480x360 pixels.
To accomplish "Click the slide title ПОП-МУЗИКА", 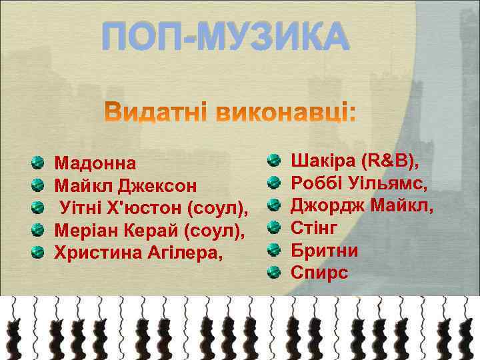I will [225, 36].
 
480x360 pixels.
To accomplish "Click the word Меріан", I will [85, 231].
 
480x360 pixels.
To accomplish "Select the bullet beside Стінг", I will [273, 227].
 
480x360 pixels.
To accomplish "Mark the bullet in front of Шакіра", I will [273, 160].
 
